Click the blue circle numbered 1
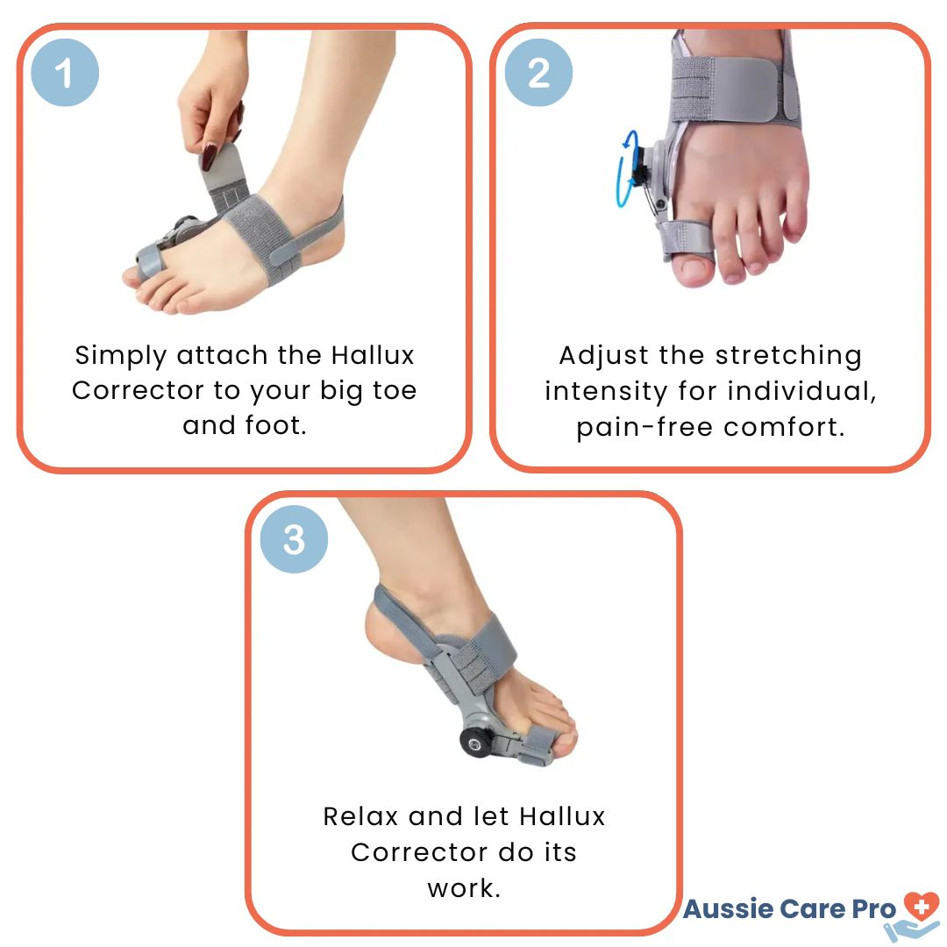[x=65, y=73]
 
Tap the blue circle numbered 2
[x=538, y=73]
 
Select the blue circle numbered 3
[x=294, y=539]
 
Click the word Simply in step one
[x=120, y=356]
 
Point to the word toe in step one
[x=395, y=390]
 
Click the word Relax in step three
[x=360, y=816]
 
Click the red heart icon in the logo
[x=921, y=906]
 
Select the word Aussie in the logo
[x=729, y=909]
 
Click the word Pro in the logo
[x=873, y=909]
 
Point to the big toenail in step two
[x=693, y=270]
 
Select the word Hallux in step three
[x=562, y=816]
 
